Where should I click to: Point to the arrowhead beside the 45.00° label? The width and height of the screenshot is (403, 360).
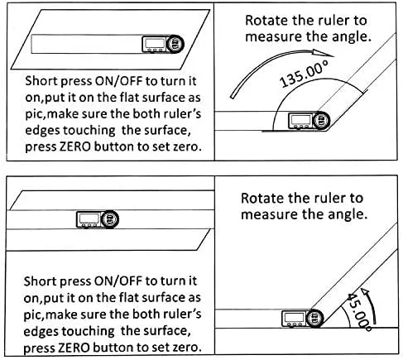click(365, 292)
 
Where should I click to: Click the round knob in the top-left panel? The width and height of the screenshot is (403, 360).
click(175, 44)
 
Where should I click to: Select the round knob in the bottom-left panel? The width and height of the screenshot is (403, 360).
click(110, 219)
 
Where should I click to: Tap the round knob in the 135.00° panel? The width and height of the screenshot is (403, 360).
click(321, 121)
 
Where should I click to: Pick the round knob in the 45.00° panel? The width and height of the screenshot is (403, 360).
click(314, 319)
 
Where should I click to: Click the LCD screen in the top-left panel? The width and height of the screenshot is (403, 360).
click(155, 43)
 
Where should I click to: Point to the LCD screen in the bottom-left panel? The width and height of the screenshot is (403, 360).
click(89, 218)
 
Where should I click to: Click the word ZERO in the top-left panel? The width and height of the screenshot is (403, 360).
click(75, 146)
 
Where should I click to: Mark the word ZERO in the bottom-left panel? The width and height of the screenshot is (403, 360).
click(74, 348)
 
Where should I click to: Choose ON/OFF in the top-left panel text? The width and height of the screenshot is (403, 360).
click(118, 81)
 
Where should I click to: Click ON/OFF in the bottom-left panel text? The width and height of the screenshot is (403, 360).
click(118, 281)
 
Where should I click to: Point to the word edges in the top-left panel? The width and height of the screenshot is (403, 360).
click(43, 131)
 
